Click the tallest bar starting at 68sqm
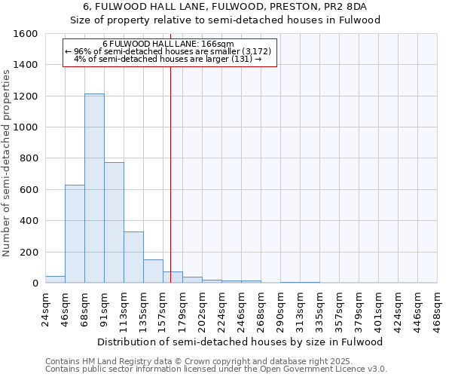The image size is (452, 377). pyautogui.click(x=94, y=188)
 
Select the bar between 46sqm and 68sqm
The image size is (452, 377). pyautogui.click(x=75, y=234)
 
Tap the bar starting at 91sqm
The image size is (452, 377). pyautogui.click(x=114, y=222)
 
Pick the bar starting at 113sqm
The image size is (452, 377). pyautogui.click(x=133, y=257)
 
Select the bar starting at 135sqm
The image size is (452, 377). pyautogui.click(x=153, y=271)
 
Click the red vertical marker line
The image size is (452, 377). pyautogui.click(x=171, y=188)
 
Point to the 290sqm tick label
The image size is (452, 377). pyautogui.click(x=281, y=309)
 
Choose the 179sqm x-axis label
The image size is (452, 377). pyautogui.click(x=183, y=309)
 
